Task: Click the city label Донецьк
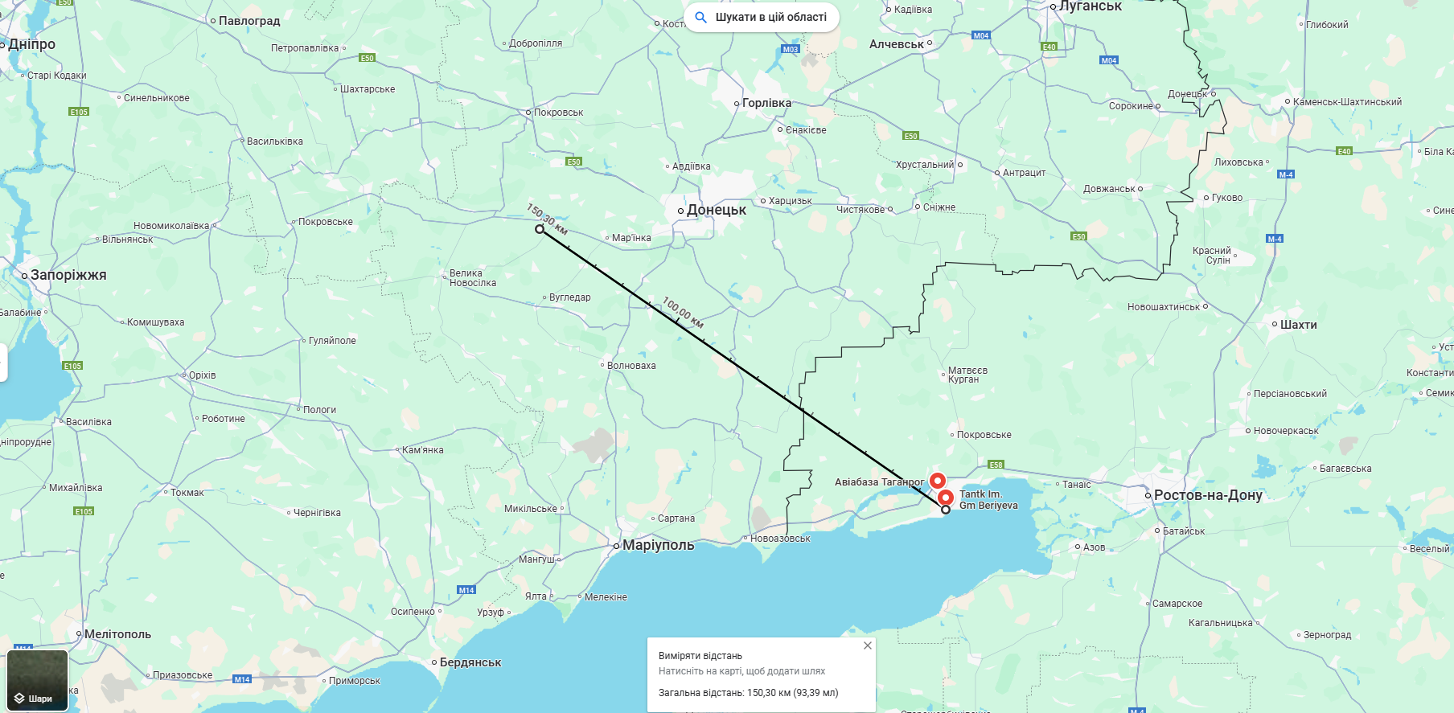[x=716, y=210]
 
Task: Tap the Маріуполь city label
[x=658, y=545]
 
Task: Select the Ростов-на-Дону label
[x=1207, y=495]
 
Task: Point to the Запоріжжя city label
[x=68, y=275]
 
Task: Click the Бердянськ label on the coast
[x=470, y=662]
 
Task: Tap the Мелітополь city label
[x=117, y=634]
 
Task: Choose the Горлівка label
[x=766, y=103]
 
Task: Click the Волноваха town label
[x=631, y=366]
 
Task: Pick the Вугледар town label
[x=569, y=297]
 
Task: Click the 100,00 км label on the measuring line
[x=683, y=313]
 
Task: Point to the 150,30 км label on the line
[x=547, y=219]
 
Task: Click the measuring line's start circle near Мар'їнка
[x=540, y=229]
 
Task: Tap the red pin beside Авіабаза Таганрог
[x=937, y=480]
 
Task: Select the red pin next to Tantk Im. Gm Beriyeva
[x=946, y=497]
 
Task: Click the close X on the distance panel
[x=868, y=645]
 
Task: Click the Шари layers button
[x=37, y=680]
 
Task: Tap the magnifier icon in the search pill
[x=701, y=17]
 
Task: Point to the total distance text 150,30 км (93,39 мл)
[x=792, y=693]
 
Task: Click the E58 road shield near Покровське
[x=996, y=465]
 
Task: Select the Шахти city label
[x=1298, y=325]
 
